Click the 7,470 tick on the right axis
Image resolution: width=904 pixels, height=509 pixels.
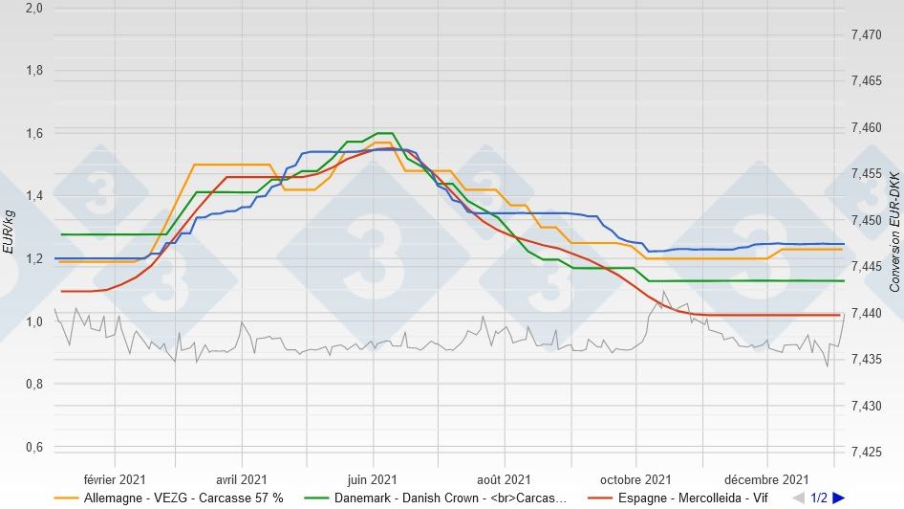click(x=866, y=34)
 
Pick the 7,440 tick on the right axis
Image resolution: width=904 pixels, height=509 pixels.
click(x=866, y=313)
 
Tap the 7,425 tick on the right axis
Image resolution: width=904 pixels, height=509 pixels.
click(x=866, y=452)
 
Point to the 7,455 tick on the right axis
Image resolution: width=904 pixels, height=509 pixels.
click(x=866, y=174)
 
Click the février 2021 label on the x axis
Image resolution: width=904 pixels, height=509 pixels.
click(x=115, y=479)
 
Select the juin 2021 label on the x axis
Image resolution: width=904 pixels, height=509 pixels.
click(x=373, y=479)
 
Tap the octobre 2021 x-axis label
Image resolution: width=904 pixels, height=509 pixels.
click(x=636, y=479)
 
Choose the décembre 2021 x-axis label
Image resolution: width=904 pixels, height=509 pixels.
click(x=767, y=479)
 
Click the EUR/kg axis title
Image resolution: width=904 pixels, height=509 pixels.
click(x=9, y=232)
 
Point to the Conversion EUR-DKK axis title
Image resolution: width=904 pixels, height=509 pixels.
click(x=894, y=232)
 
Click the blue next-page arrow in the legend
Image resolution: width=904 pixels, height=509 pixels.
click(x=838, y=498)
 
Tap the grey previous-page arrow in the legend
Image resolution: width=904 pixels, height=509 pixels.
click(x=799, y=498)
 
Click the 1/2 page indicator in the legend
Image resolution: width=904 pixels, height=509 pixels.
click(x=819, y=498)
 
